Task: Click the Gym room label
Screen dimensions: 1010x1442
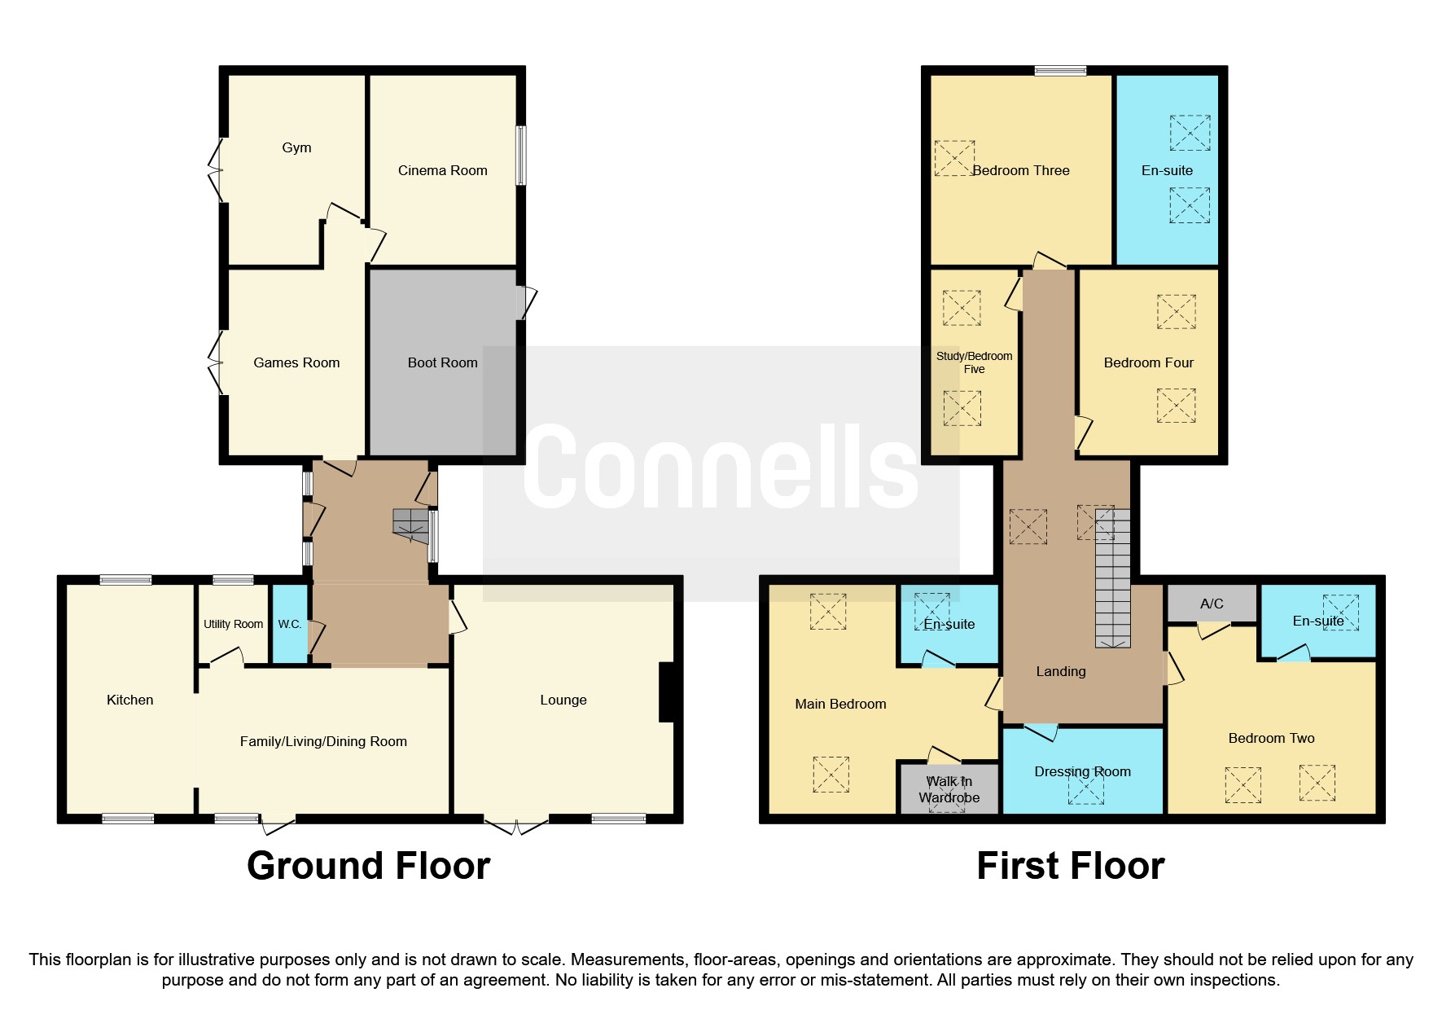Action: pos(296,147)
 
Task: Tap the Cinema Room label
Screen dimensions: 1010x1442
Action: pos(442,170)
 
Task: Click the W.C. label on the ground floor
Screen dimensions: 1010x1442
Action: pos(289,624)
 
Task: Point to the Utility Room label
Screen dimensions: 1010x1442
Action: pos(233,624)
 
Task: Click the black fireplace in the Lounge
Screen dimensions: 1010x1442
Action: pos(666,692)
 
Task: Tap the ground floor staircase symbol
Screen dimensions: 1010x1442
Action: pos(411,526)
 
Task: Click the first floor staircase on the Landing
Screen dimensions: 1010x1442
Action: pos(1112,578)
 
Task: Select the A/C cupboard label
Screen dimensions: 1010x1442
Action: pos(1212,604)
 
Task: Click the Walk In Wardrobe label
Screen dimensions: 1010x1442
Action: pos(949,789)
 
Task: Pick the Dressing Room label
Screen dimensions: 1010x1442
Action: pos(1082,771)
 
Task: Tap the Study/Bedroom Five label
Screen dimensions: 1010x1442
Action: pos(974,362)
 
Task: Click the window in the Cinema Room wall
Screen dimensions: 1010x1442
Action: pos(520,155)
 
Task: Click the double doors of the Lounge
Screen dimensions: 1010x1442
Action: pos(516,824)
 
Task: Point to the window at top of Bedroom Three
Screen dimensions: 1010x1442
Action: pos(1060,71)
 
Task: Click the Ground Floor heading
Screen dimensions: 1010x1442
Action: pos(368,866)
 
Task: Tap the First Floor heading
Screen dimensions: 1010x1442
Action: pos(1070,866)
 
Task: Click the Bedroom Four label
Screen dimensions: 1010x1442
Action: pos(1148,362)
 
